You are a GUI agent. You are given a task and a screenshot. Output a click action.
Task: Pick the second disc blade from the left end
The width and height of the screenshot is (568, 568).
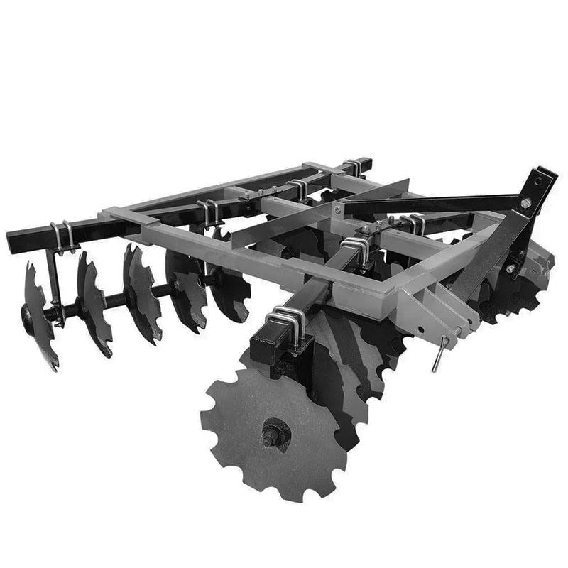point(92,302)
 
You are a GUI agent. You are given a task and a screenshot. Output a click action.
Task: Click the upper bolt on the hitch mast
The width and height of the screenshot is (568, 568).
point(526,204)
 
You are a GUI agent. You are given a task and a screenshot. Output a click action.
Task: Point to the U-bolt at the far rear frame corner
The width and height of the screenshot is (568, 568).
point(351,168)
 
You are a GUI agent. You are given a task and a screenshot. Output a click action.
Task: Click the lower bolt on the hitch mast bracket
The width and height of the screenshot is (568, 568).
point(510,268)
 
